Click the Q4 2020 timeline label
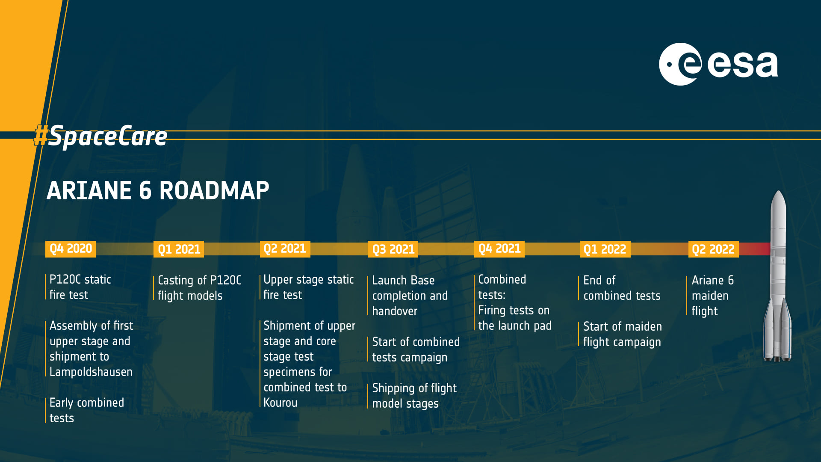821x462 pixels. [71, 249]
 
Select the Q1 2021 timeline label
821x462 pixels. [179, 249]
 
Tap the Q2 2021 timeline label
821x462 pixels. [285, 249]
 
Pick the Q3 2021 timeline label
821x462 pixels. [393, 249]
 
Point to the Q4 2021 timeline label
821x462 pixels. [499, 249]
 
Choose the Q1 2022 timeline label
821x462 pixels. [605, 249]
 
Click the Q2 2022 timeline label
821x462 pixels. [713, 249]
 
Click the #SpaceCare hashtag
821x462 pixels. [100, 136]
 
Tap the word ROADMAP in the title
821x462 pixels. [214, 191]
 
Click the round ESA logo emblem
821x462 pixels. [680, 64]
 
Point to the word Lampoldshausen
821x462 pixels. [91, 372]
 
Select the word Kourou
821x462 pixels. [281, 403]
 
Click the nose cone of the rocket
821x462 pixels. [778, 201]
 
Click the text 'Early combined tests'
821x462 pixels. [87, 410]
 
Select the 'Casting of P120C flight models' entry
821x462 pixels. [200, 288]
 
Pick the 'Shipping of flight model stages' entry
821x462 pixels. [414, 396]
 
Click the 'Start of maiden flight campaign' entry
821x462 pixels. [623, 334]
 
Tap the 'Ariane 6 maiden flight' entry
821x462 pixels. [713, 296]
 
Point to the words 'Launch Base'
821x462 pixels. [403, 281]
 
